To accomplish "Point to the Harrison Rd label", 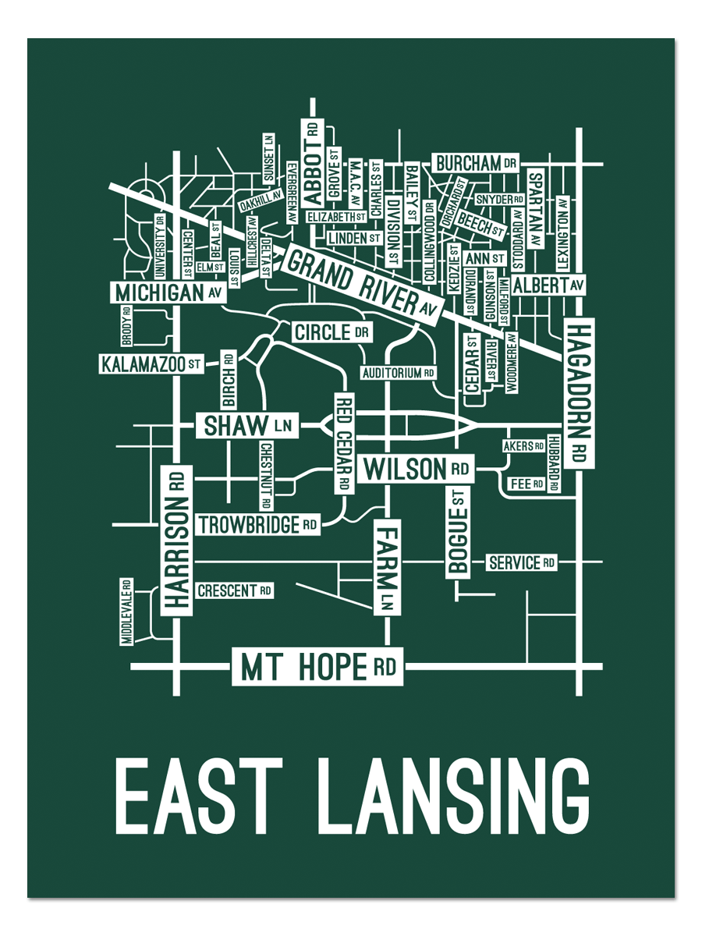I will [177, 539].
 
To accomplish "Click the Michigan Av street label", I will [168, 292].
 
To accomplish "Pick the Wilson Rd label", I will [417, 470].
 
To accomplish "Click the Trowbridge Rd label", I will [257, 525].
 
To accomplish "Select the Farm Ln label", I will [387, 569].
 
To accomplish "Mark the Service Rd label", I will [521, 562].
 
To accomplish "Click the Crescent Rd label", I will [234, 590].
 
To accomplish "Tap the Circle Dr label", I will [331, 332].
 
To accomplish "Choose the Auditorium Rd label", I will [398, 373].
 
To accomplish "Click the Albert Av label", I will [548, 285].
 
